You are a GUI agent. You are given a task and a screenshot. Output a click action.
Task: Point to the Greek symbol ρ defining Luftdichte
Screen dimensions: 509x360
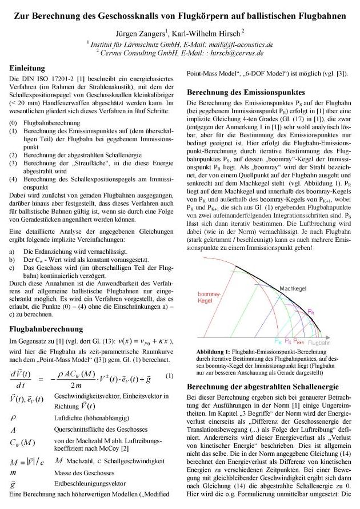13,417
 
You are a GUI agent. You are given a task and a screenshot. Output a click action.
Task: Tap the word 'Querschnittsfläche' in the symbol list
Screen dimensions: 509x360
78,429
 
